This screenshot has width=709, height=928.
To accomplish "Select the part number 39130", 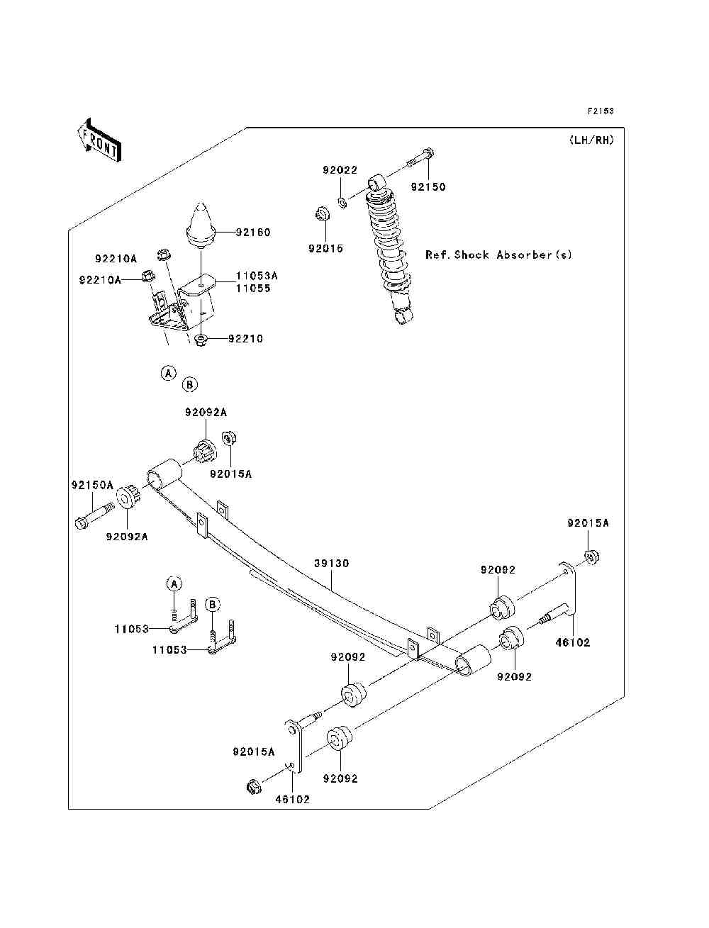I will (332, 564).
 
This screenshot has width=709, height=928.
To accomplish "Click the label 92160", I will (254, 232).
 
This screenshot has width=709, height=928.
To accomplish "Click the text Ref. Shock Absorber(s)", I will (498, 255).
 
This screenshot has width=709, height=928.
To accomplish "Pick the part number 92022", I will (340, 170).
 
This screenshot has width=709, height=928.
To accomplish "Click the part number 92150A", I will (92, 486).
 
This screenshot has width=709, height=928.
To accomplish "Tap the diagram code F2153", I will (600, 111).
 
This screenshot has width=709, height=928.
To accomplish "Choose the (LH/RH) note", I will (591, 140).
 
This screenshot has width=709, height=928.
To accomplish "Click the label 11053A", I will (257, 275).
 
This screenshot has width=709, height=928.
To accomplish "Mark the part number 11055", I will (253, 289).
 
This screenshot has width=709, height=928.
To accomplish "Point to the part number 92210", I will (245, 339).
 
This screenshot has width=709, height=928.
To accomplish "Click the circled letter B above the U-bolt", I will (213, 605).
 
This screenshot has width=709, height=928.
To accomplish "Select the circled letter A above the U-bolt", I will (174, 584).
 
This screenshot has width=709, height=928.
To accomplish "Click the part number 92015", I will (325, 249).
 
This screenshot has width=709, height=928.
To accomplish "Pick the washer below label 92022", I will (342, 203).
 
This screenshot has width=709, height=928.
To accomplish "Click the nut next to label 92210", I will (201, 342).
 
